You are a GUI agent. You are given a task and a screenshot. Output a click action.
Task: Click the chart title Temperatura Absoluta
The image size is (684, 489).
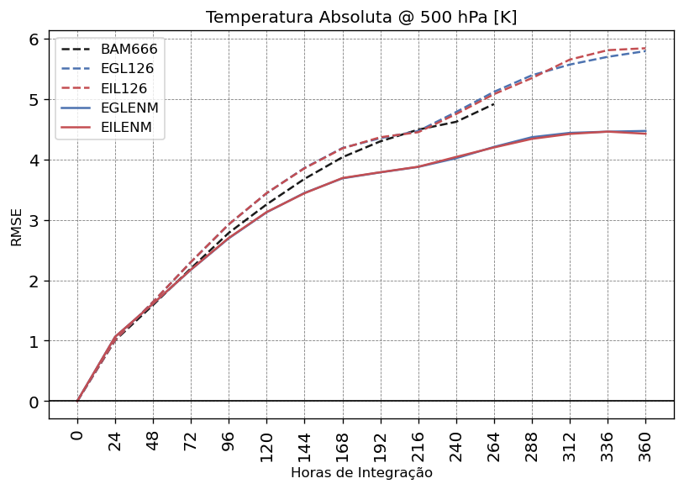(360, 18)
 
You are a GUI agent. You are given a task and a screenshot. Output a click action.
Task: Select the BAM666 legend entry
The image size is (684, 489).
(129, 50)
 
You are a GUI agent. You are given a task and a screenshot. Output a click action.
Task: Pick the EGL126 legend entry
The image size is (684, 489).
(129, 69)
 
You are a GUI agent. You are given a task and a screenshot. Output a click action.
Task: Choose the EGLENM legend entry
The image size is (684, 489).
(129, 108)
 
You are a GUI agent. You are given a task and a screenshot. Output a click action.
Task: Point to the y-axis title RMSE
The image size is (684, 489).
(17, 227)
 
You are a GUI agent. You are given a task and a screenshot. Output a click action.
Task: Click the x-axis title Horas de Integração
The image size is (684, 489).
(361, 473)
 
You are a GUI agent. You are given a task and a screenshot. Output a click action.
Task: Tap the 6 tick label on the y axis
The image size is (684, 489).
(34, 39)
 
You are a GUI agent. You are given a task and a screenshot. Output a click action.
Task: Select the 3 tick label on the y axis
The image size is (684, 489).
(34, 221)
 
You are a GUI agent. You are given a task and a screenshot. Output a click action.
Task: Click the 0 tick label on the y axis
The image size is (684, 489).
(34, 402)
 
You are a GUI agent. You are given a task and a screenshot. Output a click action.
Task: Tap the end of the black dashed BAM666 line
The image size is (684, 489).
(494, 103)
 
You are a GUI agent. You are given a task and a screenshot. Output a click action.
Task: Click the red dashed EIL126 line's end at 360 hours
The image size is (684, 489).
(645, 48)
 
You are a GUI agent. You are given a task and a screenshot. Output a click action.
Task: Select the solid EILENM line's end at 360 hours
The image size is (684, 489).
(645, 134)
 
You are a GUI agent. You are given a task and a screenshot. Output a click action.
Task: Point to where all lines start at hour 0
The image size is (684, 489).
(77, 402)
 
